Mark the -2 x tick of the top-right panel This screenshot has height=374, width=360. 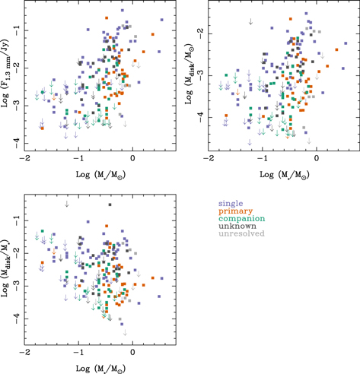pyautogui.click(x=209, y=157)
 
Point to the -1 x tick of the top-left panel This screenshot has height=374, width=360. pyautogui.click(x=79, y=157)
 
